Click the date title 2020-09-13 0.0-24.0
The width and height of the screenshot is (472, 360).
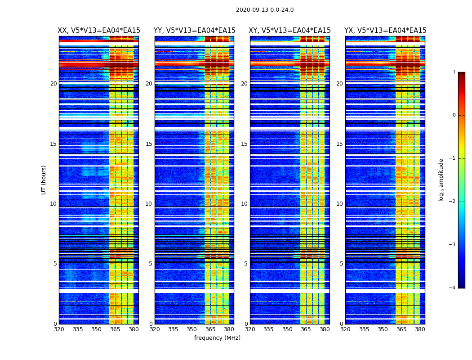(265, 10)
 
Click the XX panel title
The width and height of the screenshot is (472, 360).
(99, 31)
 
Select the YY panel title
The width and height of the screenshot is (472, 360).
(194, 31)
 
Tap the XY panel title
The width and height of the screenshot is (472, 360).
(289, 31)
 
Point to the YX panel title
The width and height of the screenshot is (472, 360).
(385, 31)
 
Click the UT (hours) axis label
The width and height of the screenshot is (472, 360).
(44, 180)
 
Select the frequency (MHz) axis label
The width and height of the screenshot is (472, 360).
(217, 338)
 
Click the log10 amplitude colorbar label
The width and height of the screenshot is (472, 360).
(441, 180)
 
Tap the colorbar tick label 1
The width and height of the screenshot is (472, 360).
(454, 72)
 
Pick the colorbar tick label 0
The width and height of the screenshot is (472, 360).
(454, 115)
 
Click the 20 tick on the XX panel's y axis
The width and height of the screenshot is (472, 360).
(53, 84)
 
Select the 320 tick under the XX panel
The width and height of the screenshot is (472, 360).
(59, 329)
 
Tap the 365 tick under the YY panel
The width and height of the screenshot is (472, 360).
(210, 329)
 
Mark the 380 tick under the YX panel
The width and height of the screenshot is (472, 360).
(420, 329)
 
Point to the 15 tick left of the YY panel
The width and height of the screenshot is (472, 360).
(149, 144)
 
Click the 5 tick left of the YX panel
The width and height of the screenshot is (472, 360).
(341, 264)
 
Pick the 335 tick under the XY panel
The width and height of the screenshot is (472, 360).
(268, 329)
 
